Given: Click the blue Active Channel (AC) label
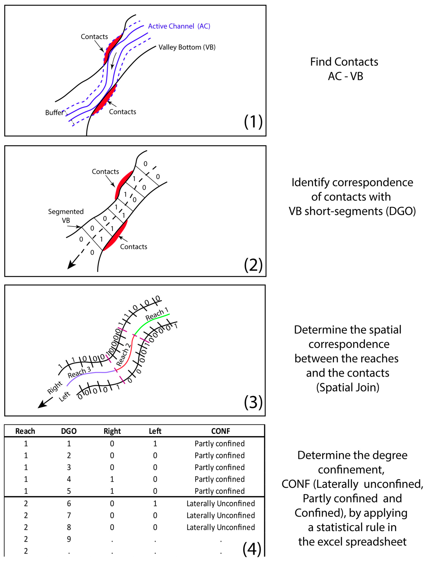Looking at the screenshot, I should click(x=179, y=26).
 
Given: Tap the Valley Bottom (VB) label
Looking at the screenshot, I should click(x=187, y=47).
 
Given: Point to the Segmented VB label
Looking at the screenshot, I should click(x=66, y=216).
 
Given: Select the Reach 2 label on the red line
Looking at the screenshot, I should click(x=123, y=355).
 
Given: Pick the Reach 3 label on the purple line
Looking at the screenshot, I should click(x=79, y=373).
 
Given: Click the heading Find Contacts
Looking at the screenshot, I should click(x=344, y=62).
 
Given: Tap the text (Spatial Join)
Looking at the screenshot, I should click(x=348, y=387).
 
